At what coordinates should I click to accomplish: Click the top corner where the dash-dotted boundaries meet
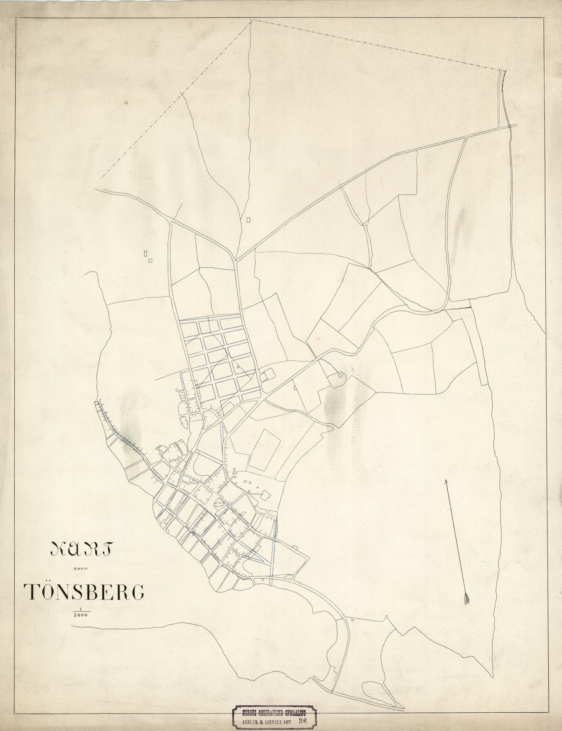(x=252, y=20)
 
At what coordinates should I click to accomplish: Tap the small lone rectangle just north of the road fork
(x=249, y=220)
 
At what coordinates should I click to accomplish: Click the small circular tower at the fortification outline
(x=340, y=376)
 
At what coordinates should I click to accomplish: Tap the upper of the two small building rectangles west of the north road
(x=145, y=254)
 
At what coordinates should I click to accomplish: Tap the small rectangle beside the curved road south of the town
(x=352, y=620)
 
